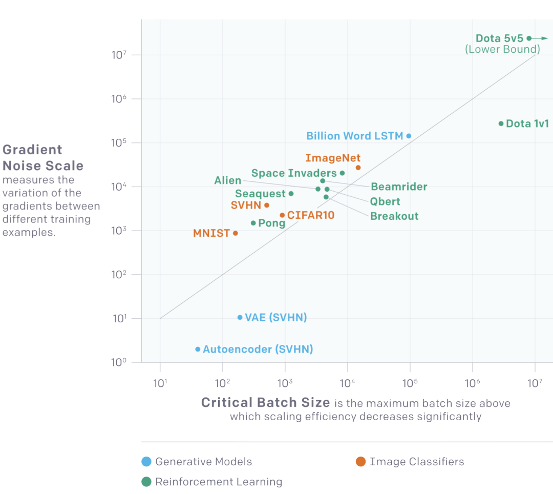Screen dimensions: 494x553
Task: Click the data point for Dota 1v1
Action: pos(501,123)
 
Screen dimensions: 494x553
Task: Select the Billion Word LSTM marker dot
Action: pos(409,136)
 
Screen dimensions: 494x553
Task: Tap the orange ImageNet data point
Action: pos(358,168)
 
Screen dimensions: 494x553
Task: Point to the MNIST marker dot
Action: pos(236,233)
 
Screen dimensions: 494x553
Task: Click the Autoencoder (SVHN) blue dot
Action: pos(198,349)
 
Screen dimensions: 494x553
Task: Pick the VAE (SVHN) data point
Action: pos(240,318)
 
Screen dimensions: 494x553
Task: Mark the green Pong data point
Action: pos(253,223)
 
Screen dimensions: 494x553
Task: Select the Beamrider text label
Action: pos(399,187)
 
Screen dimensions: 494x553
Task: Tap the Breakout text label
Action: pos(394,216)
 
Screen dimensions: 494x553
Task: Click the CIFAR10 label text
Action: pos(311,215)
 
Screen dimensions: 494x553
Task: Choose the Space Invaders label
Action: pos(294,173)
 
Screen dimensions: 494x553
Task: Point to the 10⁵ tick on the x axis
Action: pos(410,382)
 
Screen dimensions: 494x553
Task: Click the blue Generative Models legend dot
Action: pos(146,462)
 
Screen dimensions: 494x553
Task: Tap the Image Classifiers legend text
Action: pos(417,462)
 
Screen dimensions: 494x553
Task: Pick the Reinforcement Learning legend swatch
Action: pos(146,482)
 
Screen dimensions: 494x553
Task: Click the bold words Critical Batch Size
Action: pos(265,403)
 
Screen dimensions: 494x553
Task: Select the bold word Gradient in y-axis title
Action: pos(32,150)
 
